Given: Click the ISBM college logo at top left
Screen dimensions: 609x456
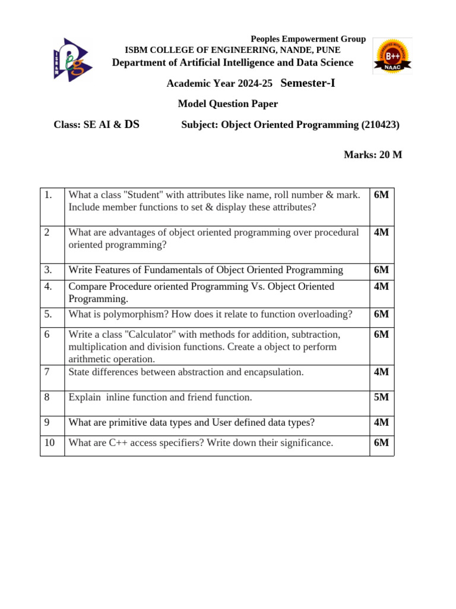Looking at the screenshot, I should coord(72,59).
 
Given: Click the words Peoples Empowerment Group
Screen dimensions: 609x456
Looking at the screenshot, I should coord(308,39).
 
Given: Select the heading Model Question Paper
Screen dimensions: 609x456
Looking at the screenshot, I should coord(228,104).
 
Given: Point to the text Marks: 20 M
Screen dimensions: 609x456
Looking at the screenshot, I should coord(373,155).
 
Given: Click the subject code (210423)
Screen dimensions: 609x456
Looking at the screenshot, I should coord(380,125).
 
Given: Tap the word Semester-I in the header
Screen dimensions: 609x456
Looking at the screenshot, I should coord(308,83).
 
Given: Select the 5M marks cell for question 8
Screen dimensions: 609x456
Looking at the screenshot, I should coord(381,397).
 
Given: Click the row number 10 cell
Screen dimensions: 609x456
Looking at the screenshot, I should coord(52,443).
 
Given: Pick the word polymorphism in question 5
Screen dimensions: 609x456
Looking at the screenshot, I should coord(130,314).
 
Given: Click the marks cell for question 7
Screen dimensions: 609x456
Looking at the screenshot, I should coord(381,372).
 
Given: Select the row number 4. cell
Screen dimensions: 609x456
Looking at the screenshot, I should coord(52,287).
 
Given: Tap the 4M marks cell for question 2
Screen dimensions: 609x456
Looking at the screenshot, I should coord(381,233).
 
